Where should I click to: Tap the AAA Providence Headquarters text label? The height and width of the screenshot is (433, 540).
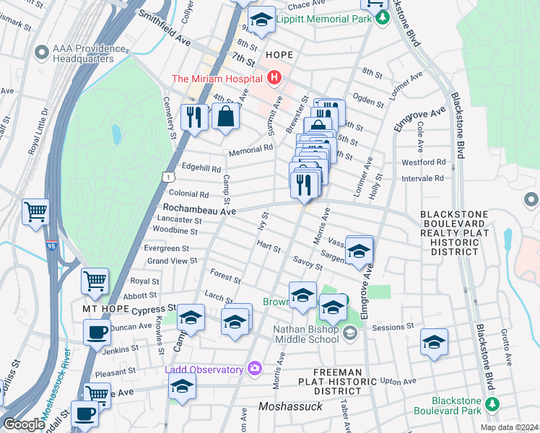coord(83,54)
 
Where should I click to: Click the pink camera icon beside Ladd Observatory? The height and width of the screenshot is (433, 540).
coord(253,369)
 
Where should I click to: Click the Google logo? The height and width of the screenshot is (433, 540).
coord(24,424)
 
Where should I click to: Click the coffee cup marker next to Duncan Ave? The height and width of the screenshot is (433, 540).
coord(97,333)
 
